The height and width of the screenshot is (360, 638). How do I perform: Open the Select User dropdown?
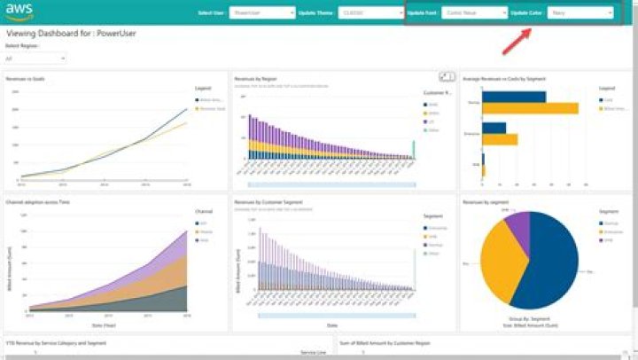point(261,13)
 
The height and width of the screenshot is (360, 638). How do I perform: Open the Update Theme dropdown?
point(371,13)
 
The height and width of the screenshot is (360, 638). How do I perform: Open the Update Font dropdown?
point(475,13)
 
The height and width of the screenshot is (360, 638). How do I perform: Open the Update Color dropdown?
point(580,13)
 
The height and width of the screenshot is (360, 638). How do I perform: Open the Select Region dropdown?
point(35,59)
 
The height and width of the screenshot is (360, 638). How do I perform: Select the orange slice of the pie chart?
point(497,262)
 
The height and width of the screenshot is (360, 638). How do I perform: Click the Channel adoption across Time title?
point(38,202)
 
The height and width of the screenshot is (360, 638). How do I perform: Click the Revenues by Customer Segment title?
point(268,202)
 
